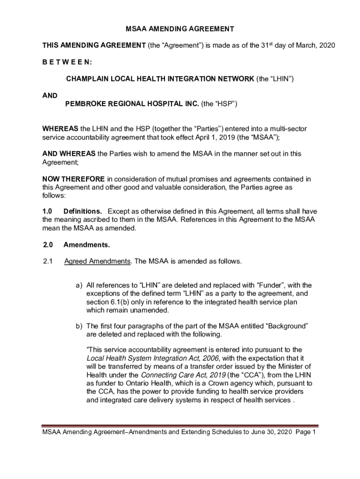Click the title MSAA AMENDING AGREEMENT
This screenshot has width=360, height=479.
pos(180,29)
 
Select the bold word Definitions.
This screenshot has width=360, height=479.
pos(83,211)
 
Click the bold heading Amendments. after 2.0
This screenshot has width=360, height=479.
pos(86,245)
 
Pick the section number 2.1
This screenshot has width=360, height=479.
pos(48,261)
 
